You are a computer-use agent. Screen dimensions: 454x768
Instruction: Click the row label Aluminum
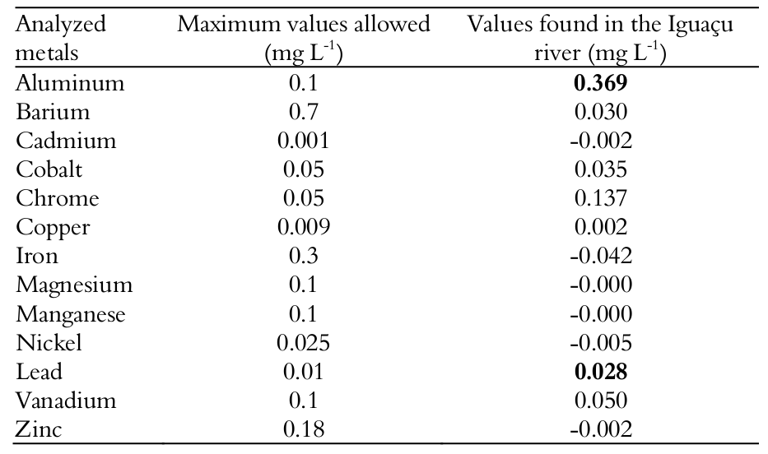70,83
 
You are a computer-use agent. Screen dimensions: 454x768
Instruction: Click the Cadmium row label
66,141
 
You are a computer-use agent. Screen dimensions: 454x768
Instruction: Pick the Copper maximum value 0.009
304,227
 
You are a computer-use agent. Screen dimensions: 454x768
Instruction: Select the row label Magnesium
74,285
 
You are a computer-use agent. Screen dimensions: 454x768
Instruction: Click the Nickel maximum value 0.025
304,343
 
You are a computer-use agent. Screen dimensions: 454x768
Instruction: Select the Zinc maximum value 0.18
304,429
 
